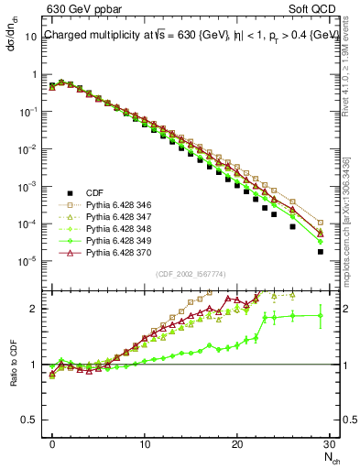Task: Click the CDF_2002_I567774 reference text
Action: [x=190, y=274]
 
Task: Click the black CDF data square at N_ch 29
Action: [x=321, y=251]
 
